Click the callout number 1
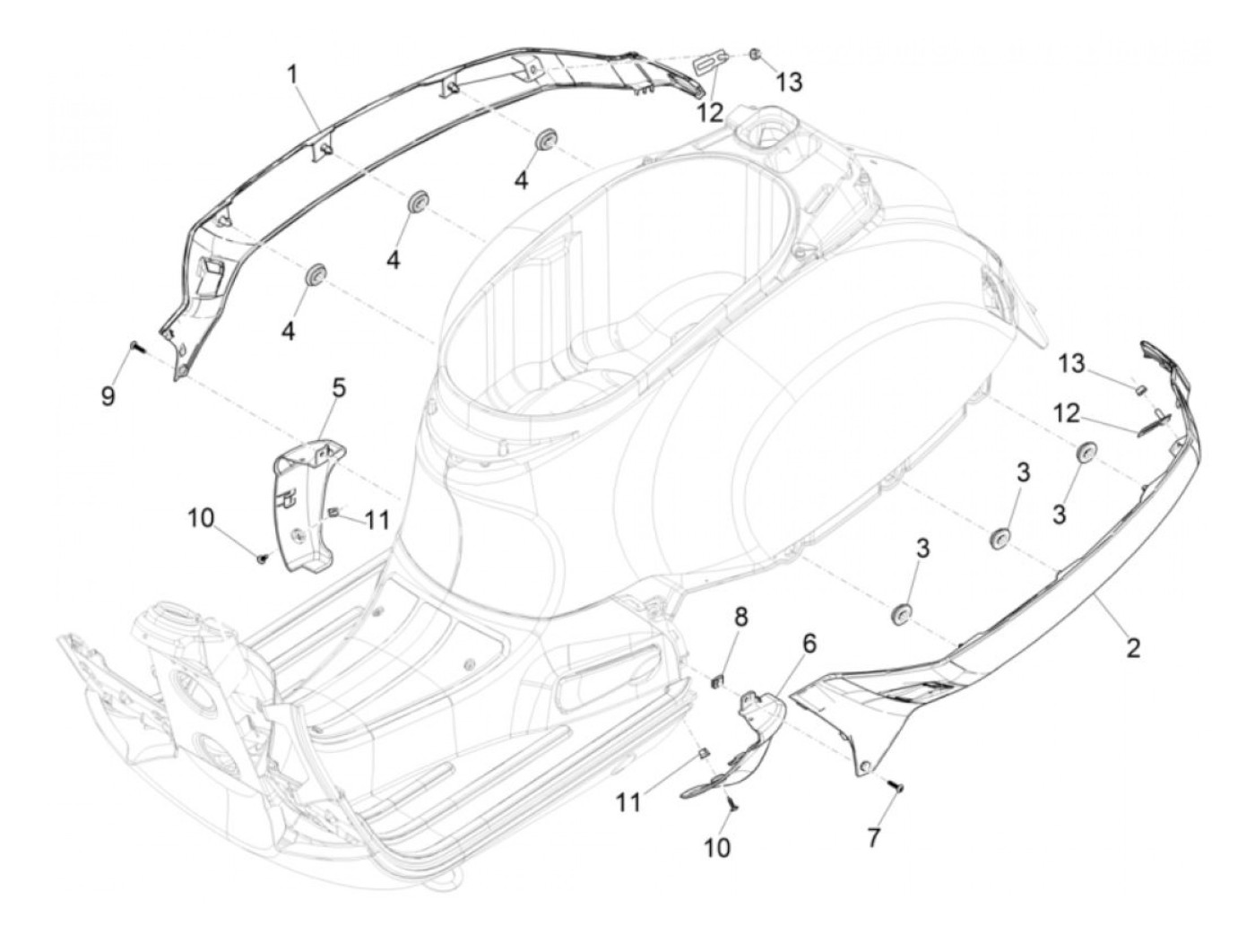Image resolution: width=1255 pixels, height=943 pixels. [x=292, y=74]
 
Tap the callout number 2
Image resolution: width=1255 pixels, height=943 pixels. [x=1133, y=647]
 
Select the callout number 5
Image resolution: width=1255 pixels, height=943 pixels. [x=338, y=388]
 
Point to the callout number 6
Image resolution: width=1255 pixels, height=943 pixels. [x=809, y=643]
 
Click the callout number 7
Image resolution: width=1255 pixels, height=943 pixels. [x=873, y=837]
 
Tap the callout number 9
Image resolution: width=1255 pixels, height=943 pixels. [x=108, y=395]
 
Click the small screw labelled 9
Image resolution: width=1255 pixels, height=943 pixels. [x=134, y=345]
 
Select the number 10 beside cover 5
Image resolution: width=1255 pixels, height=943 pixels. [x=202, y=518]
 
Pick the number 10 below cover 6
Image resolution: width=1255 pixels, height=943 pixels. [x=717, y=846]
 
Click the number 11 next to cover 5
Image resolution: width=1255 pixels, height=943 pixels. [x=377, y=519]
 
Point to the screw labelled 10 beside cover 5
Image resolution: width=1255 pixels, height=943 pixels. [x=261, y=558]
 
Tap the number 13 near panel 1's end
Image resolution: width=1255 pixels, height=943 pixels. [x=789, y=82]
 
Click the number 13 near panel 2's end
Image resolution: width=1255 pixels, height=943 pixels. [x=1070, y=364]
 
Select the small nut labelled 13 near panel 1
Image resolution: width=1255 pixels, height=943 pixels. [x=756, y=56]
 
